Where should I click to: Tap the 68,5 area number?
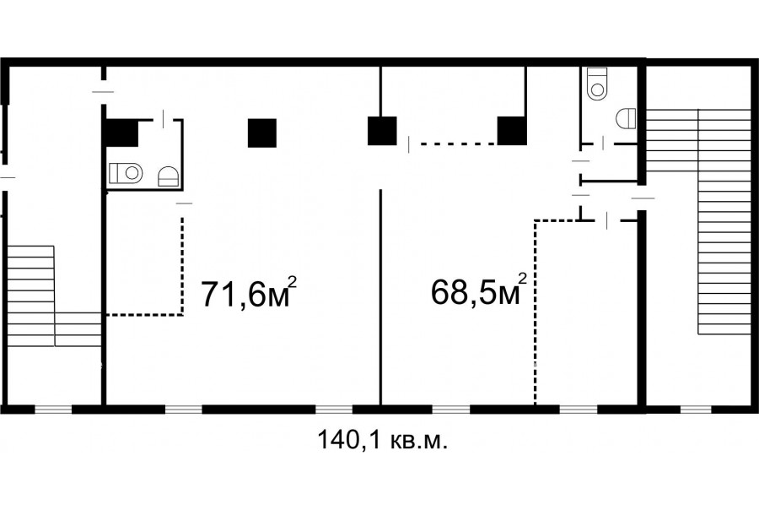[462, 292]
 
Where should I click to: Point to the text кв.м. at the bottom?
[418, 441]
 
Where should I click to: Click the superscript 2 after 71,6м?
[292, 282]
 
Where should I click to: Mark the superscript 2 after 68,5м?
[522, 279]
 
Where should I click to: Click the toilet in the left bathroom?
[126, 172]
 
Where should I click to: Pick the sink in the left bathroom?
[169, 176]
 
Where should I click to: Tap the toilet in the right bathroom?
[597, 83]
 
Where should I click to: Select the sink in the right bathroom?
[626, 118]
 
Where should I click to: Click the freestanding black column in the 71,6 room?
[262, 133]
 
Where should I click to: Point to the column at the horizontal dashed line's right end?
[512, 131]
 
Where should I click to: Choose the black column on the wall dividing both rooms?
[382, 131]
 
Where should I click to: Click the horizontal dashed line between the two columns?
[458, 144]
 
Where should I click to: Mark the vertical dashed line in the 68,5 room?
[536, 312]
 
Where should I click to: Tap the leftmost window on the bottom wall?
[53, 410]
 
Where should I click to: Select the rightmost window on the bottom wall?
[696, 410]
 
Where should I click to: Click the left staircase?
[54, 296]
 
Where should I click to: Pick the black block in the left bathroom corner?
[122, 133]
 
